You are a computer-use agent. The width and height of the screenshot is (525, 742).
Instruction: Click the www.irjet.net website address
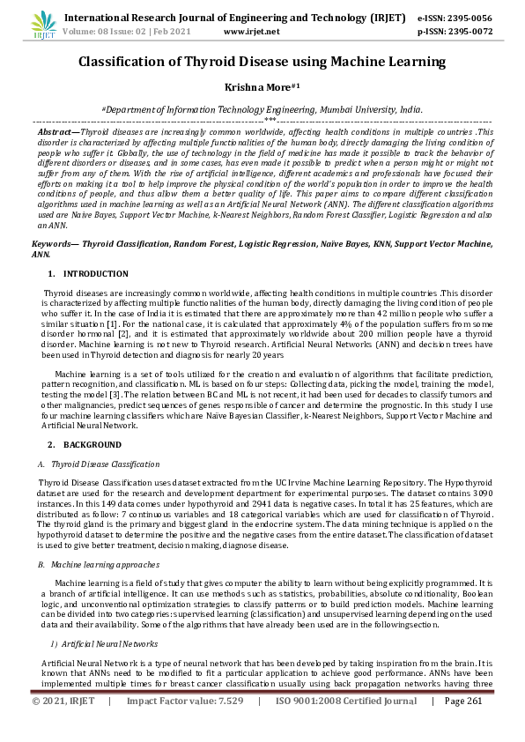coord(251,31)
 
